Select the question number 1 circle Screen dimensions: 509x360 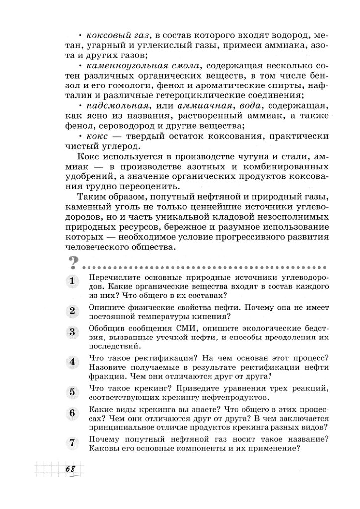pos(72,281)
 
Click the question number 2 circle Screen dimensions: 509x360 pos(72,311)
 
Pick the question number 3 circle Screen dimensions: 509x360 pos(72,332)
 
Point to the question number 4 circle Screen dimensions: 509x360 pos(72,361)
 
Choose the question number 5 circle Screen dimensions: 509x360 pos(72,391)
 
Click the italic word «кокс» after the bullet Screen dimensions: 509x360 pos(96,136)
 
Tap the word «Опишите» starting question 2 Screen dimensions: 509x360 pos(104,307)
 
